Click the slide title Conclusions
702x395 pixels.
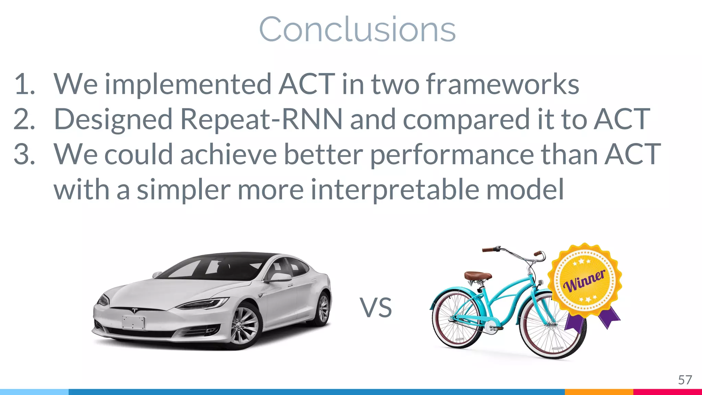(x=357, y=29)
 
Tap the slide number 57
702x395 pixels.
(x=685, y=380)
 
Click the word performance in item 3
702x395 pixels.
(x=451, y=154)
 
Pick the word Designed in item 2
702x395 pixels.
(x=113, y=120)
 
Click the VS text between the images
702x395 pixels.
(x=376, y=308)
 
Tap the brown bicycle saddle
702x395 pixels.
(x=478, y=276)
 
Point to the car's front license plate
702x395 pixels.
(x=133, y=322)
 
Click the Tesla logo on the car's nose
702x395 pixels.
(x=134, y=311)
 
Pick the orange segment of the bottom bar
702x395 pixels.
(x=599, y=392)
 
